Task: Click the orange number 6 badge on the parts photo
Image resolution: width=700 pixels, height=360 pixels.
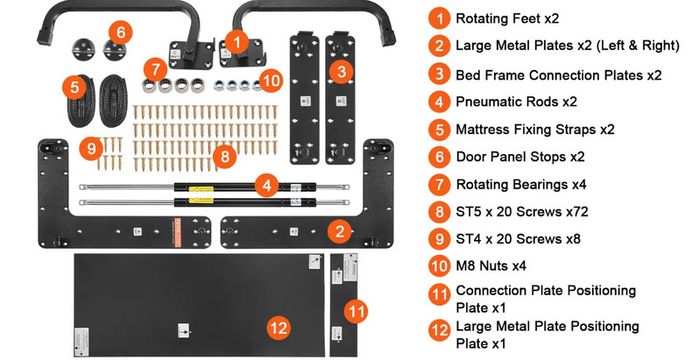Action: click(x=121, y=33)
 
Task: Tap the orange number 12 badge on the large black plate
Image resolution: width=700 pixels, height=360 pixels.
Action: click(x=279, y=328)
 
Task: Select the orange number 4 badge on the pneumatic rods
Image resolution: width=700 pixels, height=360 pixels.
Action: click(x=267, y=185)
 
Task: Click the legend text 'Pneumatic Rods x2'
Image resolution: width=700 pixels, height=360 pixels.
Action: click(x=516, y=102)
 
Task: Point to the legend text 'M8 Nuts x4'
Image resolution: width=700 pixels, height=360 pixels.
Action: click(x=491, y=266)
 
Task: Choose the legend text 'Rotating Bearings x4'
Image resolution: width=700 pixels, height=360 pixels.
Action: click(x=521, y=184)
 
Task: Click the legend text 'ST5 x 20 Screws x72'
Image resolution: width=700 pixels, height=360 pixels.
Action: click(x=522, y=211)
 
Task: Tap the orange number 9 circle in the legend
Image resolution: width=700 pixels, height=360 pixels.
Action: click(x=439, y=239)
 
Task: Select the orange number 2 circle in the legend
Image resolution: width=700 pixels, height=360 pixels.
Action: click(x=439, y=46)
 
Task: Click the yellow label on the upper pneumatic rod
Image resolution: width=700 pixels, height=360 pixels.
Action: click(x=201, y=190)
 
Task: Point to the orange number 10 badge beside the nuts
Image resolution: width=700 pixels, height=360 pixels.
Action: click(x=271, y=81)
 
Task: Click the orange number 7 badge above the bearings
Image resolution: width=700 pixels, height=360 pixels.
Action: click(x=155, y=70)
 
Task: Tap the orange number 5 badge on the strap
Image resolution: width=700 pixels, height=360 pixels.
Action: click(x=75, y=87)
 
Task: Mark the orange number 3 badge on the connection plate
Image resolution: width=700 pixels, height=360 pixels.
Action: click(x=342, y=72)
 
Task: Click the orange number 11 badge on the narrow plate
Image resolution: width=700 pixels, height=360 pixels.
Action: click(x=356, y=311)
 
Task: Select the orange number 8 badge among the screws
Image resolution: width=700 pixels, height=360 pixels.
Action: click(x=225, y=156)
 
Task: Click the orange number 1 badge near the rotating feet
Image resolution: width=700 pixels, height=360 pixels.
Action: click(x=236, y=42)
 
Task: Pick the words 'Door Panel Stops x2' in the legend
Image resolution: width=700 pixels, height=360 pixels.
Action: click(x=520, y=157)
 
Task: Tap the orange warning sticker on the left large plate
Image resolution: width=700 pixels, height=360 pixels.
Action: click(x=177, y=233)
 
